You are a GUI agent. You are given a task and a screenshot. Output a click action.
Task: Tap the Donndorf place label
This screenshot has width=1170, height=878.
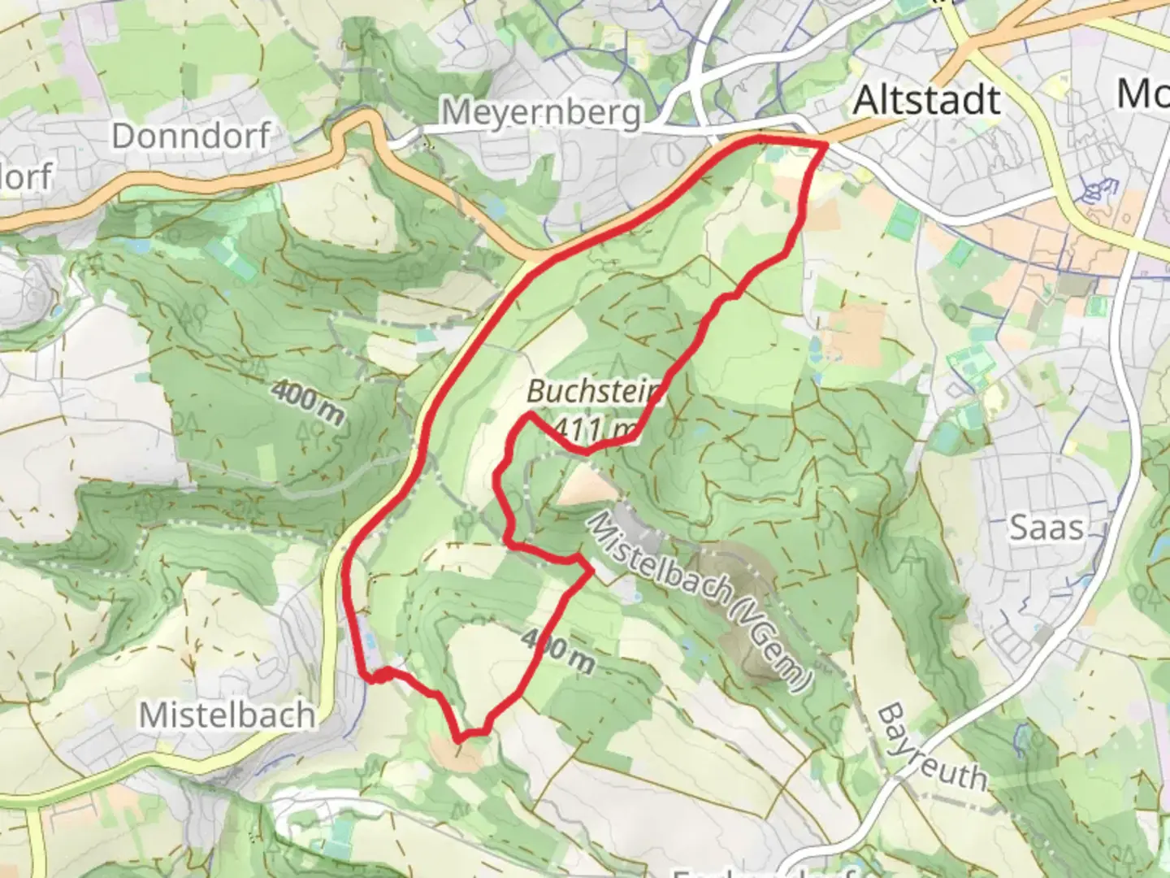(190, 136)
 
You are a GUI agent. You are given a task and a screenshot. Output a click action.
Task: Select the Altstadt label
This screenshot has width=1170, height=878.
(927, 100)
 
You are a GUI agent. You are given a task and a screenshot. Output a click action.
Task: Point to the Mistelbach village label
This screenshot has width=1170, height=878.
(227, 715)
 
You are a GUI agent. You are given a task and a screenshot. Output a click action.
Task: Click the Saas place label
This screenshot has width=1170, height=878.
(1046, 528)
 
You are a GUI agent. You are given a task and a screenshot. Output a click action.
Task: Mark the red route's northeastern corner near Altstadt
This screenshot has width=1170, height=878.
(825, 145)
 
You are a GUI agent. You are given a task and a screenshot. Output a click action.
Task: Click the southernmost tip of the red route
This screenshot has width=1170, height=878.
(461, 739)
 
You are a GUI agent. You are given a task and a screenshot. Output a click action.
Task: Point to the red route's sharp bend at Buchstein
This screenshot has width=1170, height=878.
(529, 415)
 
